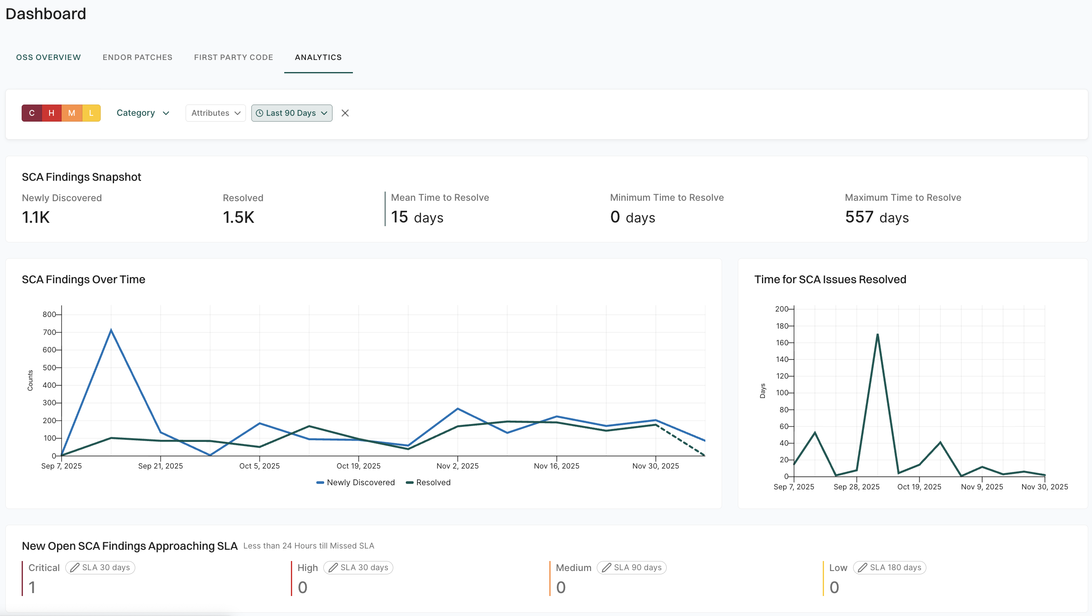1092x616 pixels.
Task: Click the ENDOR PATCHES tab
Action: point(137,57)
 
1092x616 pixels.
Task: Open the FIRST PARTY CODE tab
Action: point(233,57)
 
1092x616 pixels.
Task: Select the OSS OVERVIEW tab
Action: point(48,57)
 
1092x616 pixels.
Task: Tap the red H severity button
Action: point(51,113)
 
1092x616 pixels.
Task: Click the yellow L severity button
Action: point(91,113)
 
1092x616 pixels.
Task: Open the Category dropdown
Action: point(143,113)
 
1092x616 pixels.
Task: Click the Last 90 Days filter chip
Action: point(292,113)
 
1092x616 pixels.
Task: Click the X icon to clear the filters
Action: point(345,113)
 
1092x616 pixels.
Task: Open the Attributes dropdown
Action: point(215,113)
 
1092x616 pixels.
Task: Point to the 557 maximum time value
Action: point(859,217)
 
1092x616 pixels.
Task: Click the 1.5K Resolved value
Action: point(238,217)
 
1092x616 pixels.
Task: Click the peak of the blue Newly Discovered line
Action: point(111,330)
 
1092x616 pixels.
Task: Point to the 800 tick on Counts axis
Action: point(49,314)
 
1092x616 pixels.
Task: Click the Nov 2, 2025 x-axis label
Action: point(457,466)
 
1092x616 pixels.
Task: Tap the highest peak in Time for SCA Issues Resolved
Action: point(877,335)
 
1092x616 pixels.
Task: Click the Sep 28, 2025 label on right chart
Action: point(856,486)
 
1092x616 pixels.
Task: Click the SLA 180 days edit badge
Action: point(889,567)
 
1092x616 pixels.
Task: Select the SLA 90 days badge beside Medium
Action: point(632,567)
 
